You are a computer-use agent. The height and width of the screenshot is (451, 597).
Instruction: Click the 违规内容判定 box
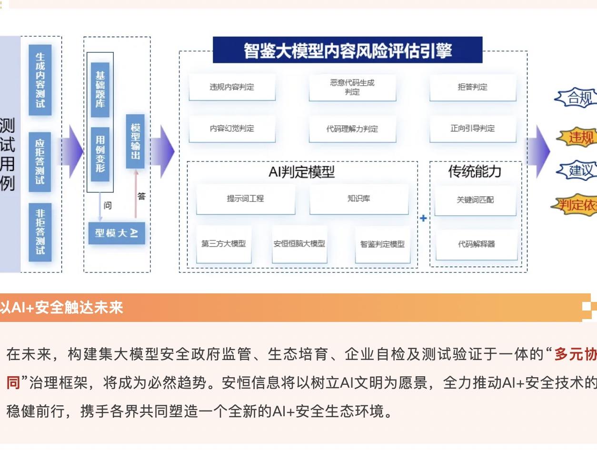232,87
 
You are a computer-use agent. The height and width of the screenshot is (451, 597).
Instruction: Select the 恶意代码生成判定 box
352,87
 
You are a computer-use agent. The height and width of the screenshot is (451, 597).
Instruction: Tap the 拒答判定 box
473,87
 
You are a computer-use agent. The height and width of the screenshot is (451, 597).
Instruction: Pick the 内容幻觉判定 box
232,129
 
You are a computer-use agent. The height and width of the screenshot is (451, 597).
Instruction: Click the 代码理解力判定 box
352,129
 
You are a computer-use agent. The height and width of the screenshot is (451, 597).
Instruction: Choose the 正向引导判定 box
473,129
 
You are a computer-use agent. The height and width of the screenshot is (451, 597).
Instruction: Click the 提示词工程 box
245,199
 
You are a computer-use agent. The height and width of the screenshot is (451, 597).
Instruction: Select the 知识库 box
358,199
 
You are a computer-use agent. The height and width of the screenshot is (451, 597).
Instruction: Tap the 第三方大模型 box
223,244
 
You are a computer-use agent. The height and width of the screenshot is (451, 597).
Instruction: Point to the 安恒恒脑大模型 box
299,244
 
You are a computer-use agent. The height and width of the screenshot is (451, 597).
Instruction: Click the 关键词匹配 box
475,200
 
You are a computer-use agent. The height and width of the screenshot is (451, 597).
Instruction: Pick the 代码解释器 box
476,244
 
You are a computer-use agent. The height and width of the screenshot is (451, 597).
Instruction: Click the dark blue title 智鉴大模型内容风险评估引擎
348,50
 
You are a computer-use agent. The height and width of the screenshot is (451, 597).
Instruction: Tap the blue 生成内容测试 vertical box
40,80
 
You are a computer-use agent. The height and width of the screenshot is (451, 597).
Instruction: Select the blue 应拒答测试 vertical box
40,162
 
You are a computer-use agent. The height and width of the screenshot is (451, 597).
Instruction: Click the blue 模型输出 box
135,141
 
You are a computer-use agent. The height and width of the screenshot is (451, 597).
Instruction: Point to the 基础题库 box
100,90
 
